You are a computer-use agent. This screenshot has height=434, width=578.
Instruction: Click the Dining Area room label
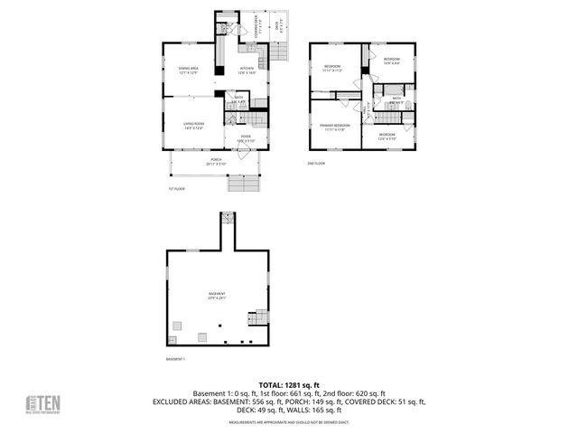pyautogui.click(x=188, y=70)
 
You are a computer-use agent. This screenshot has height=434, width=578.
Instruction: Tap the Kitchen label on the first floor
pyautogui.click(x=247, y=70)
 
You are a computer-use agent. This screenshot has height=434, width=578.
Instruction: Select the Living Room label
pyautogui.click(x=193, y=125)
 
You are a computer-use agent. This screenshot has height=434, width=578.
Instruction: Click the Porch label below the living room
pyautogui.click(x=216, y=161)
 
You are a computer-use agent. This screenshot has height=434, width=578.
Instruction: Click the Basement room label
pyautogui.click(x=217, y=296)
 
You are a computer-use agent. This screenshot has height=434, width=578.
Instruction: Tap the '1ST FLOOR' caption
pyautogui.click(x=176, y=189)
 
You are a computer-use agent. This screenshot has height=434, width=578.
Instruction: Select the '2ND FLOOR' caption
pyautogui.click(x=316, y=164)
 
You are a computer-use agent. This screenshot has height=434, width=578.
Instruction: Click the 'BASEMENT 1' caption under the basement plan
pyautogui.click(x=175, y=359)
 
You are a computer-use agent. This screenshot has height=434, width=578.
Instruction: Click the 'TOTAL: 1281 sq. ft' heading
pyautogui.click(x=289, y=385)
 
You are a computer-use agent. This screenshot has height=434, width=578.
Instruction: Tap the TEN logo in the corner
pyautogui.click(x=42, y=404)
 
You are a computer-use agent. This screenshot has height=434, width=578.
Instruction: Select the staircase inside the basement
pyautogui.click(x=260, y=316)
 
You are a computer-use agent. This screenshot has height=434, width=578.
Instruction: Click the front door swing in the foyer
pyautogui.click(x=244, y=154)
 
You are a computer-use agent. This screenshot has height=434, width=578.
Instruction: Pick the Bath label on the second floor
pyautogui.click(x=396, y=99)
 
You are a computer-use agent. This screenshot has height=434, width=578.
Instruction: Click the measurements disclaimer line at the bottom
pyautogui.click(x=289, y=422)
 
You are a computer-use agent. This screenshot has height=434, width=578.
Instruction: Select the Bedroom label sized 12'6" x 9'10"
pyautogui.click(x=387, y=137)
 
